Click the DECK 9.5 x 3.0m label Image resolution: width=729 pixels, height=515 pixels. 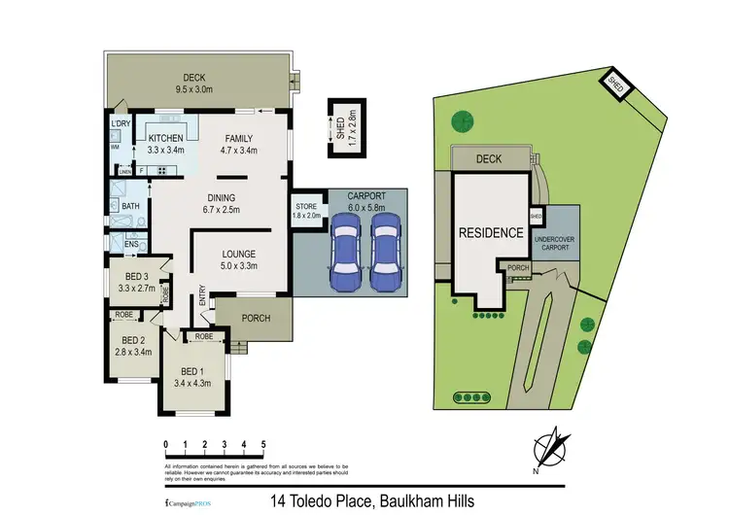pyautogui.click(x=197, y=84)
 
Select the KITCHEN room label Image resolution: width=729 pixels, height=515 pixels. pyautogui.click(x=164, y=145)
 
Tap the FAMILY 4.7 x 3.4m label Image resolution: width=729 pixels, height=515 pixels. pyautogui.click(x=239, y=145)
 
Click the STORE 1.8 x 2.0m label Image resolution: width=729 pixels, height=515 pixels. pyautogui.click(x=306, y=211)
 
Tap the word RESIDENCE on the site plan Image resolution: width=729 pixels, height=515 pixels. pyautogui.click(x=492, y=233)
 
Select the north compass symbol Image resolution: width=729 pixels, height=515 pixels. pyautogui.click(x=551, y=449)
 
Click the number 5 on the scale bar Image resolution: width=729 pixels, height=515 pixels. pyautogui.click(x=263, y=445)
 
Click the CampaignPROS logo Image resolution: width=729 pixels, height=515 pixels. pyautogui.click(x=187, y=502)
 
